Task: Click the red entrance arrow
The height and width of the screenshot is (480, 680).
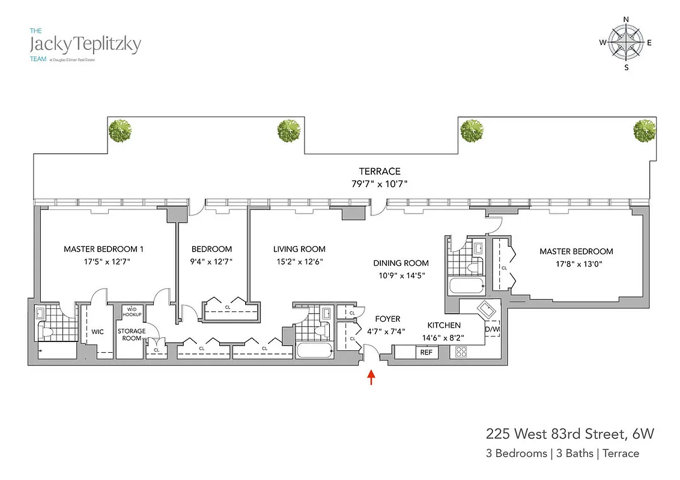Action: pos(371,377)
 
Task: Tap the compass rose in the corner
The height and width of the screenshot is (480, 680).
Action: pos(626,43)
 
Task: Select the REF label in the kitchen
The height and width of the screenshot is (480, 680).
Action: pos(426,352)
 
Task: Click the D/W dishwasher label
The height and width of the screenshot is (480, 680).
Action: pos(492,329)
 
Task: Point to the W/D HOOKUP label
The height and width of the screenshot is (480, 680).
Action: pos(132,312)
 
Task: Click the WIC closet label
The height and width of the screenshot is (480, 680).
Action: pos(98,331)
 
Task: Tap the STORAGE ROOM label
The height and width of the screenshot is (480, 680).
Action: pos(132,334)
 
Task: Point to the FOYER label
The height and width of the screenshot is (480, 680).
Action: pos(387,319)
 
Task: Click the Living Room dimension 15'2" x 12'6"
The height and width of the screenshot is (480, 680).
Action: pos(299,261)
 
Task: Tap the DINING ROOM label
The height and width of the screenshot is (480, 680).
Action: pos(401,263)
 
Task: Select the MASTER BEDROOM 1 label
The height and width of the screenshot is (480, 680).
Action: pos(103,249)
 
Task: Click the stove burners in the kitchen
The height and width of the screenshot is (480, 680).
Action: pos(461,352)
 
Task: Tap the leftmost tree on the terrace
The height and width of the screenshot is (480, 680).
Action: pos(121,130)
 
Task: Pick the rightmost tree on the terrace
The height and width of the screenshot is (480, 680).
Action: pos(645,130)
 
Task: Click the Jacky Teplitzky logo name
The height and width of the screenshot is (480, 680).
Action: pos(85,44)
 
